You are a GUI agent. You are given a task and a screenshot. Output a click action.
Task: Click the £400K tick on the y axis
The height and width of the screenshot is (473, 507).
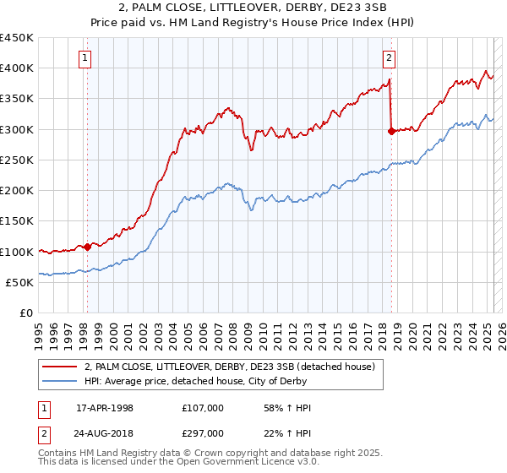pyautogui.click(x=17, y=68)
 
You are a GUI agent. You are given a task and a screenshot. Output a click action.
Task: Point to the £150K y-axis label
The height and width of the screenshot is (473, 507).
pyautogui.click(x=17, y=221)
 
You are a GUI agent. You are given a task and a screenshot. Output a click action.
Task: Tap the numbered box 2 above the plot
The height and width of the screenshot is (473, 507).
pyautogui.click(x=389, y=58)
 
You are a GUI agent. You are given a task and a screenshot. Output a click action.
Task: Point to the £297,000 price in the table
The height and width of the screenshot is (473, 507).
pyautogui.click(x=202, y=433)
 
